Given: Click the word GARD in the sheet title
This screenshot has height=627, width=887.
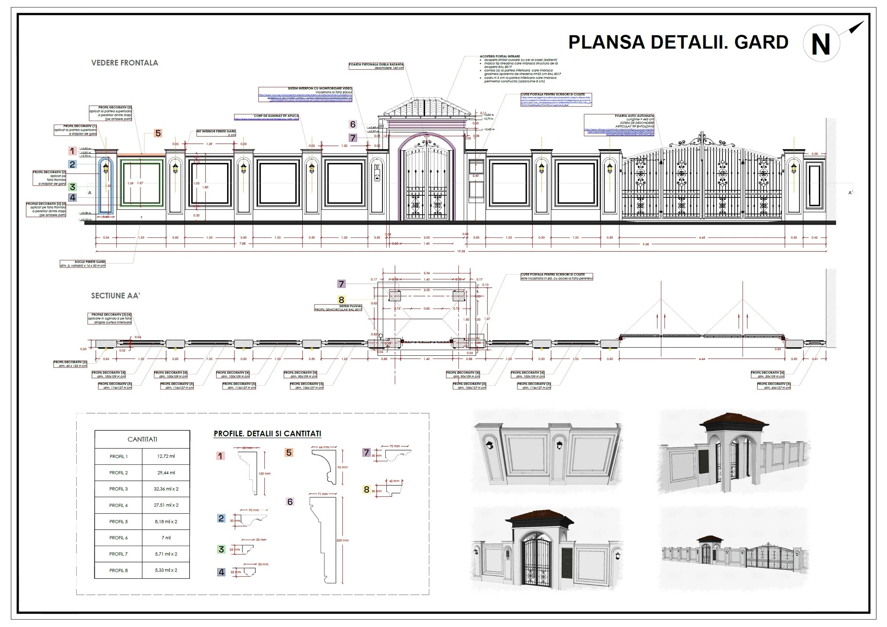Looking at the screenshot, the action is point(761,43).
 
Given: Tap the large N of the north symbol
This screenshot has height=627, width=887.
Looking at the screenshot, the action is point(821,45).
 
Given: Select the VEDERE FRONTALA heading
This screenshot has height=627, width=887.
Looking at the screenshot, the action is point(125,63).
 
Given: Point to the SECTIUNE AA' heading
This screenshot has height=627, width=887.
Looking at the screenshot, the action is point(115,296).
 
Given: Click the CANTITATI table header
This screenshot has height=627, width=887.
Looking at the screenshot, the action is point(142,440).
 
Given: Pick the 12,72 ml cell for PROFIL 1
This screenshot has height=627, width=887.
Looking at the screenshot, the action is point(166,456).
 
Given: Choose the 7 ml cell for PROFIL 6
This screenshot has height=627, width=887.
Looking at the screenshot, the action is point(166,538).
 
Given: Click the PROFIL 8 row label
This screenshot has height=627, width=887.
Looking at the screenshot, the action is point(118,570).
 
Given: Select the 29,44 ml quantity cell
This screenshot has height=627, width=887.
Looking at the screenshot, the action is point(166,472).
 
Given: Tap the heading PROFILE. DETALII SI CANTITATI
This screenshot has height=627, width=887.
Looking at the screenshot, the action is point(267,434).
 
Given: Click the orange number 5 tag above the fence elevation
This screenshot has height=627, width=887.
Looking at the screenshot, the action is point(158,133).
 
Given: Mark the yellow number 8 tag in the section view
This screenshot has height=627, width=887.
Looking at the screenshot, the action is point(341,300).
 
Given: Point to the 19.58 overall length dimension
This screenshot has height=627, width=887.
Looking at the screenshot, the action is point(461,251).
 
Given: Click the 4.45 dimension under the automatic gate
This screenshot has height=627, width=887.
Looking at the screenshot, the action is point(701,238).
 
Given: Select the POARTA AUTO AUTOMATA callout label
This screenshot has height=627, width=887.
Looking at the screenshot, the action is point(634,116).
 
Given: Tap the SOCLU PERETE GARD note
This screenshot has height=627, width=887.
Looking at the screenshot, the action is point(90,262).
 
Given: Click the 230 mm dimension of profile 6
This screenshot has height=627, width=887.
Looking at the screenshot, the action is point(342,540).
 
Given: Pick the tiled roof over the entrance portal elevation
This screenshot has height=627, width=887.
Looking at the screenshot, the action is point(427,108).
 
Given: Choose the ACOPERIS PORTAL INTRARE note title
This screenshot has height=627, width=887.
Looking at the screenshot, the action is point(500,56).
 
